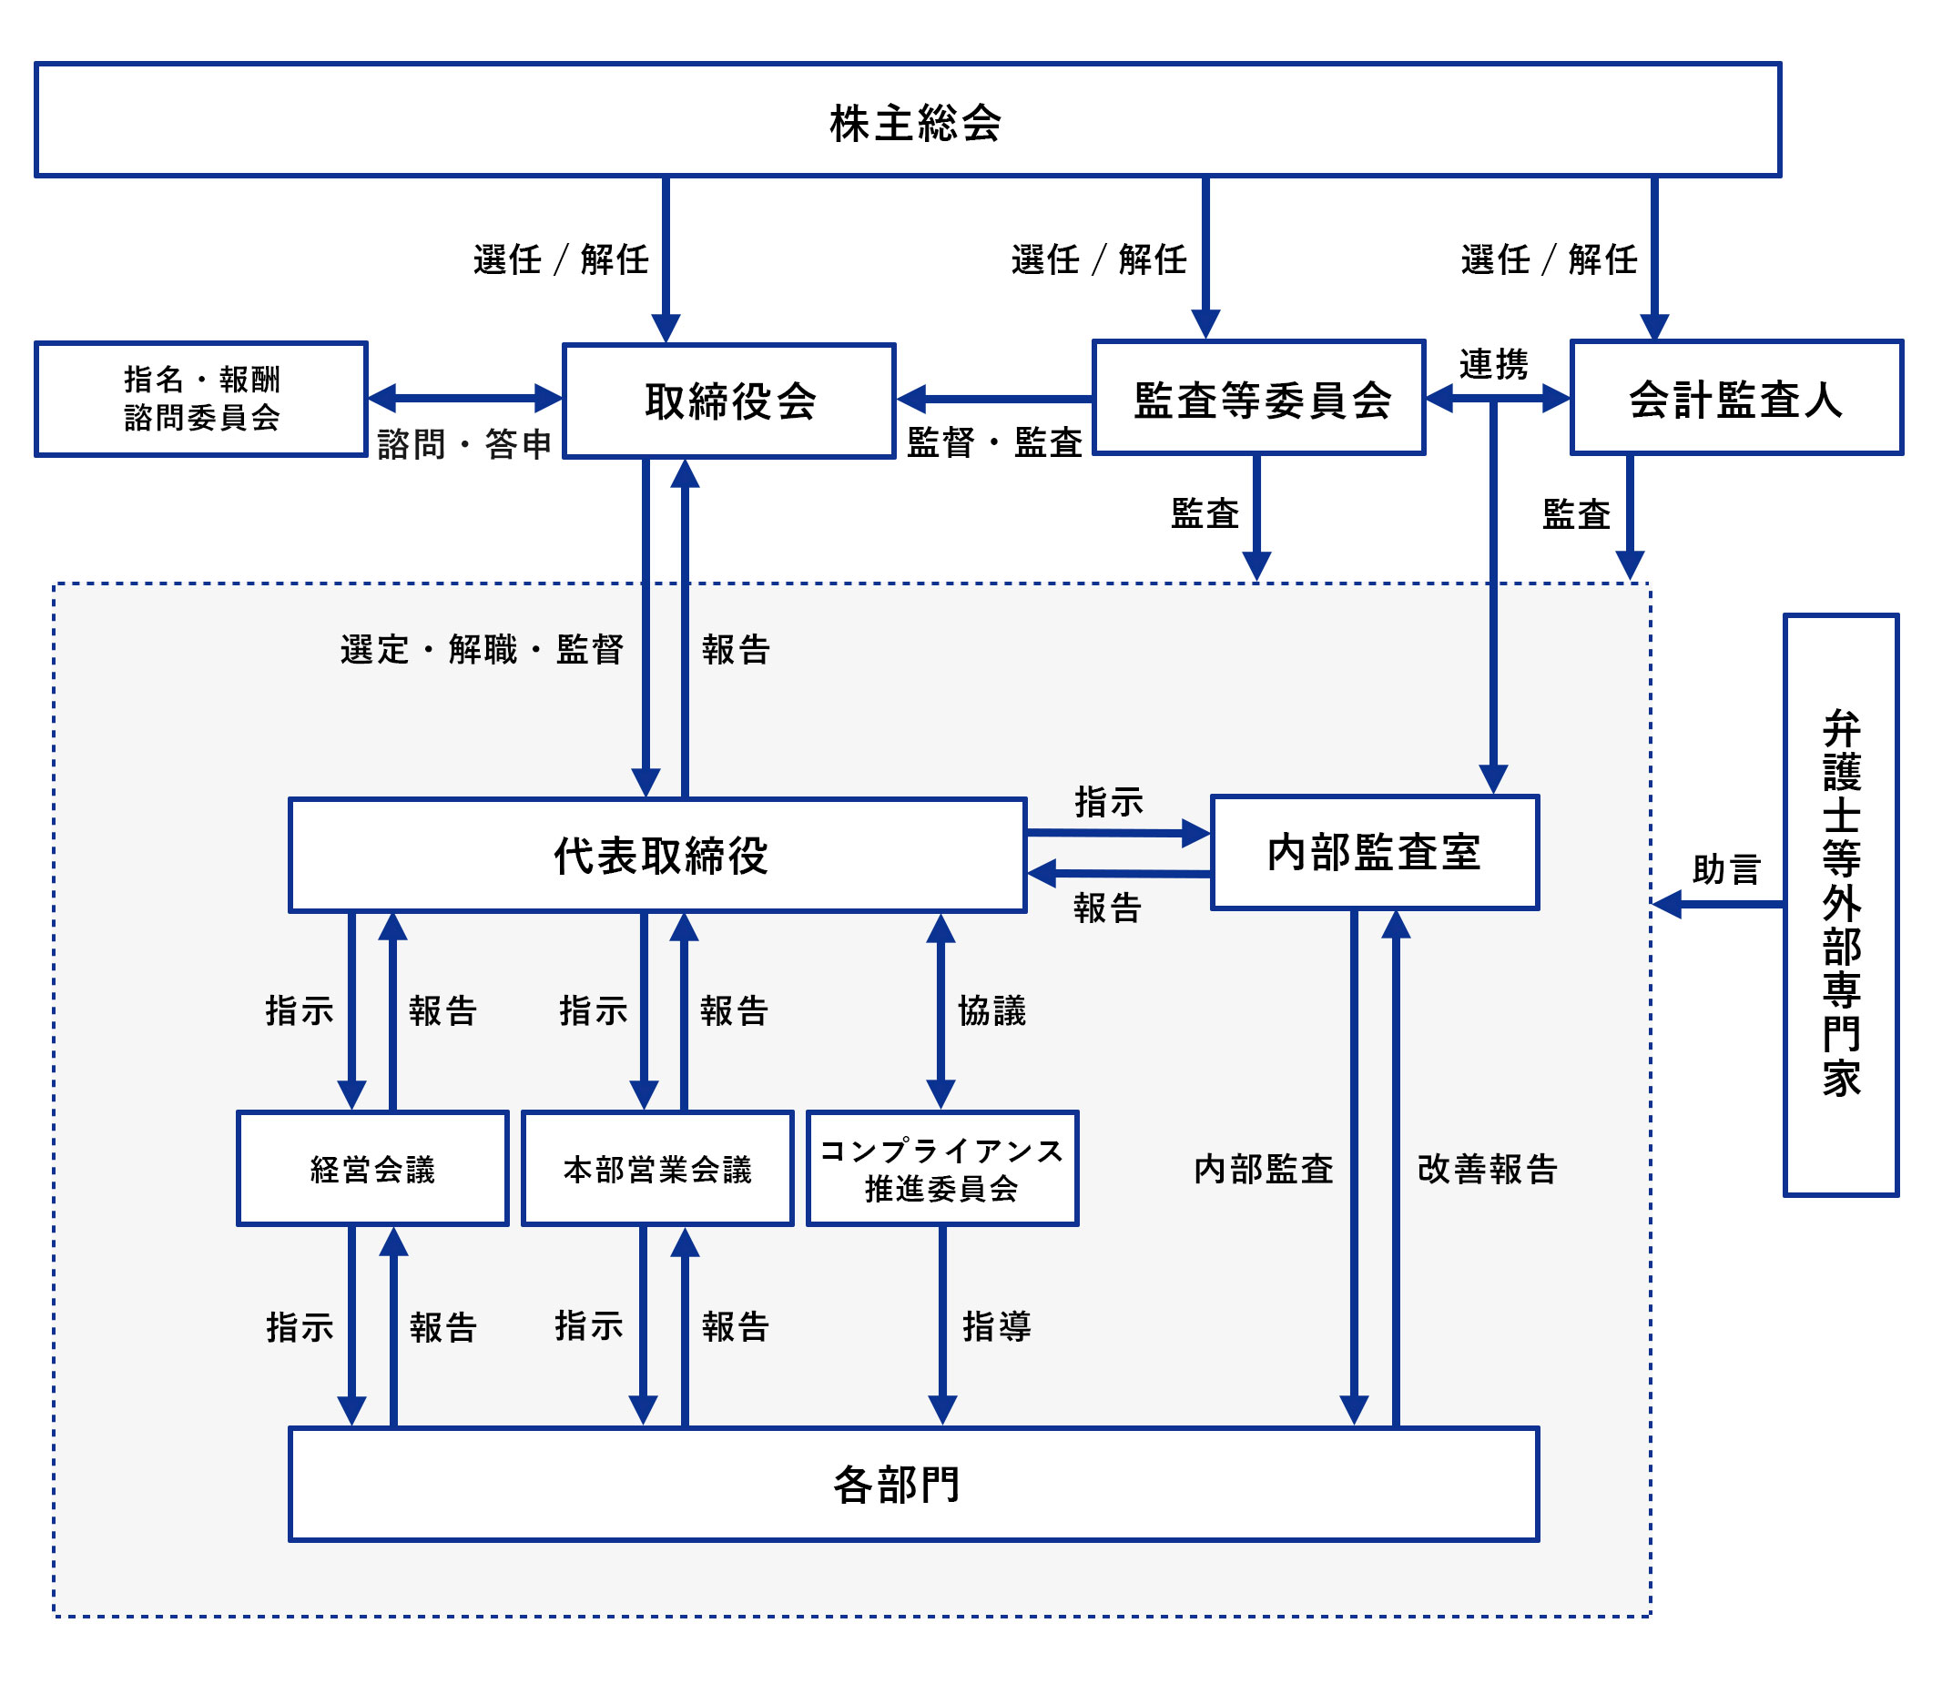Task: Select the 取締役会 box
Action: [728, 401]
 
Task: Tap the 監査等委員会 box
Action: [1258, 399]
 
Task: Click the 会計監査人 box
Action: [1735, 399]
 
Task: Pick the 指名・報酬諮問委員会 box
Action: [201, 400]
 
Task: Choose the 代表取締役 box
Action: [657, 855]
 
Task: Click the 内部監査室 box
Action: [1374, 853]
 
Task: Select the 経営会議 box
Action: [372, 1168]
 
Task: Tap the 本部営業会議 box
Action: [657, 1168]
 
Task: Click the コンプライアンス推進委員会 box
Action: [941, 1168]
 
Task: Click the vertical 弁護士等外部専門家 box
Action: [1840, 905]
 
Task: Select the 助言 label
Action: [1725, 869]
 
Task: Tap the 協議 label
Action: [991, 1011]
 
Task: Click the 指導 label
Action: [996, 1327]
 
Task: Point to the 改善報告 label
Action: [1487, 1169]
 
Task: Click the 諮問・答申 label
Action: [463, 443]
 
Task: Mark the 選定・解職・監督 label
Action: [482, 649]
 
